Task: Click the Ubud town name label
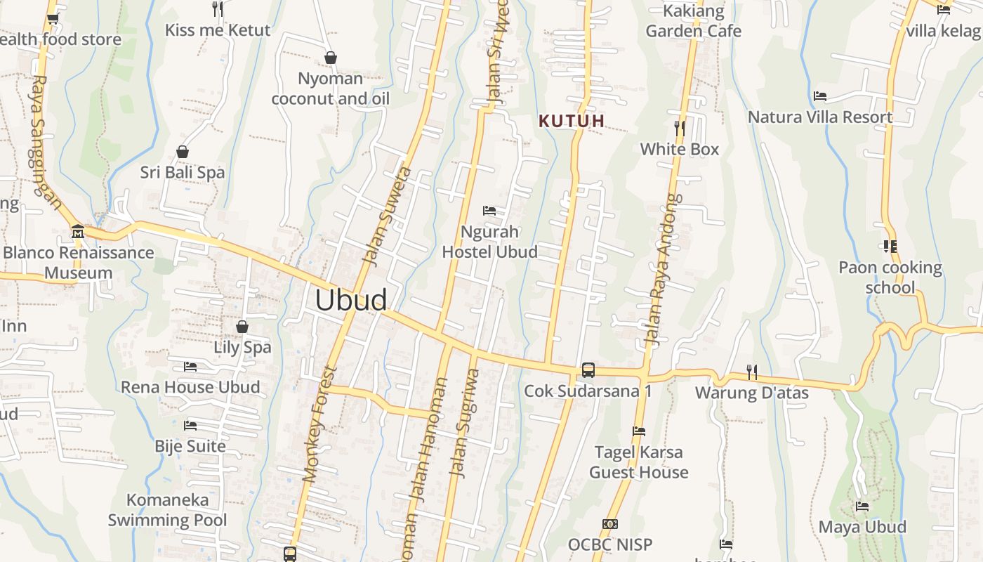350,300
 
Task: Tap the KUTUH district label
572,121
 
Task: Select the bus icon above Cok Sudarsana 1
588,370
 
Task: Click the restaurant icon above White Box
679,128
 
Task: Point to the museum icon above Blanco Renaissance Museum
78,231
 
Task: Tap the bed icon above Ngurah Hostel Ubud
489,211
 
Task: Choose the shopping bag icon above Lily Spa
242,327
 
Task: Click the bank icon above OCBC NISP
609,524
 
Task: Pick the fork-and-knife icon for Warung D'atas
751,372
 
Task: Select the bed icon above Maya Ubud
862,506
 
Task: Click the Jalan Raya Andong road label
663,270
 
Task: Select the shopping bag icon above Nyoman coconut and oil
330,58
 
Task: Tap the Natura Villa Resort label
820,117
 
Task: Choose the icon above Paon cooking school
890,246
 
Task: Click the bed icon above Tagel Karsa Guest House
638,431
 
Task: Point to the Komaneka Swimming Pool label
168,510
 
